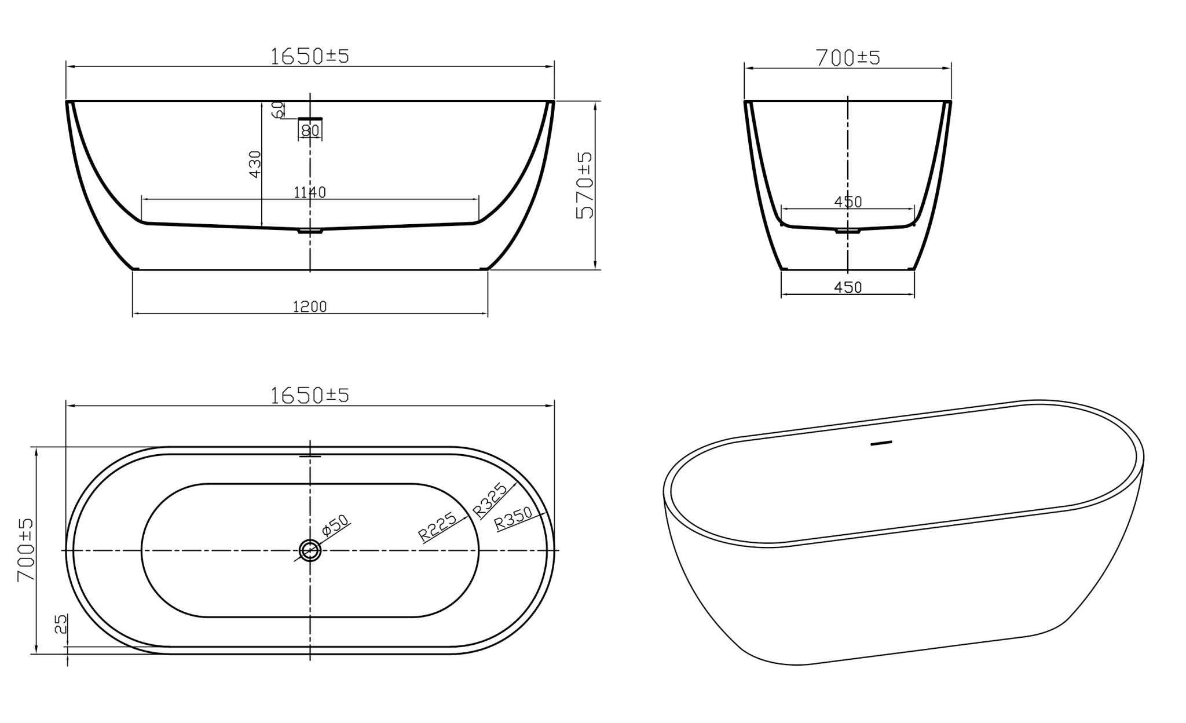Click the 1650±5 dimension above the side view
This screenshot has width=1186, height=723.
pyautogui.click(x=310, y=56)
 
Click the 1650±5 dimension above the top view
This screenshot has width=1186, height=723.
pyautogui.click(x=310, y=396)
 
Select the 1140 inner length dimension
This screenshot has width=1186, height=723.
pyautogui.click(x=310, y=192)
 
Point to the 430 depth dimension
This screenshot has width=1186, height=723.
pyautogui.click(x=255, y=164)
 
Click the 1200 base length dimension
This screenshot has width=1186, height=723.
pyautogui.click(x=310, y=306)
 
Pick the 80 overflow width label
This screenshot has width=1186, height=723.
pyautogui.click(x=310, y=130)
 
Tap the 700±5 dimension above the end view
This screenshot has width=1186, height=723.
pyautogui.click(x=848, y=58)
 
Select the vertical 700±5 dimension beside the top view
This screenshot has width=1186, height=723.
pyautogui.click(x=25, y=550)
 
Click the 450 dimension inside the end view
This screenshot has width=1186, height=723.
pyautogui.click(x=848, y=202)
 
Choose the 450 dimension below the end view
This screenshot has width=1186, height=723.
pyautogui.click(x=848, y=287)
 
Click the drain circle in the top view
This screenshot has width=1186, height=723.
pyautogui.click(x=310, y=550)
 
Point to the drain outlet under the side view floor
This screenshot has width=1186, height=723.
pyautogui.click(x=310, y=231)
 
